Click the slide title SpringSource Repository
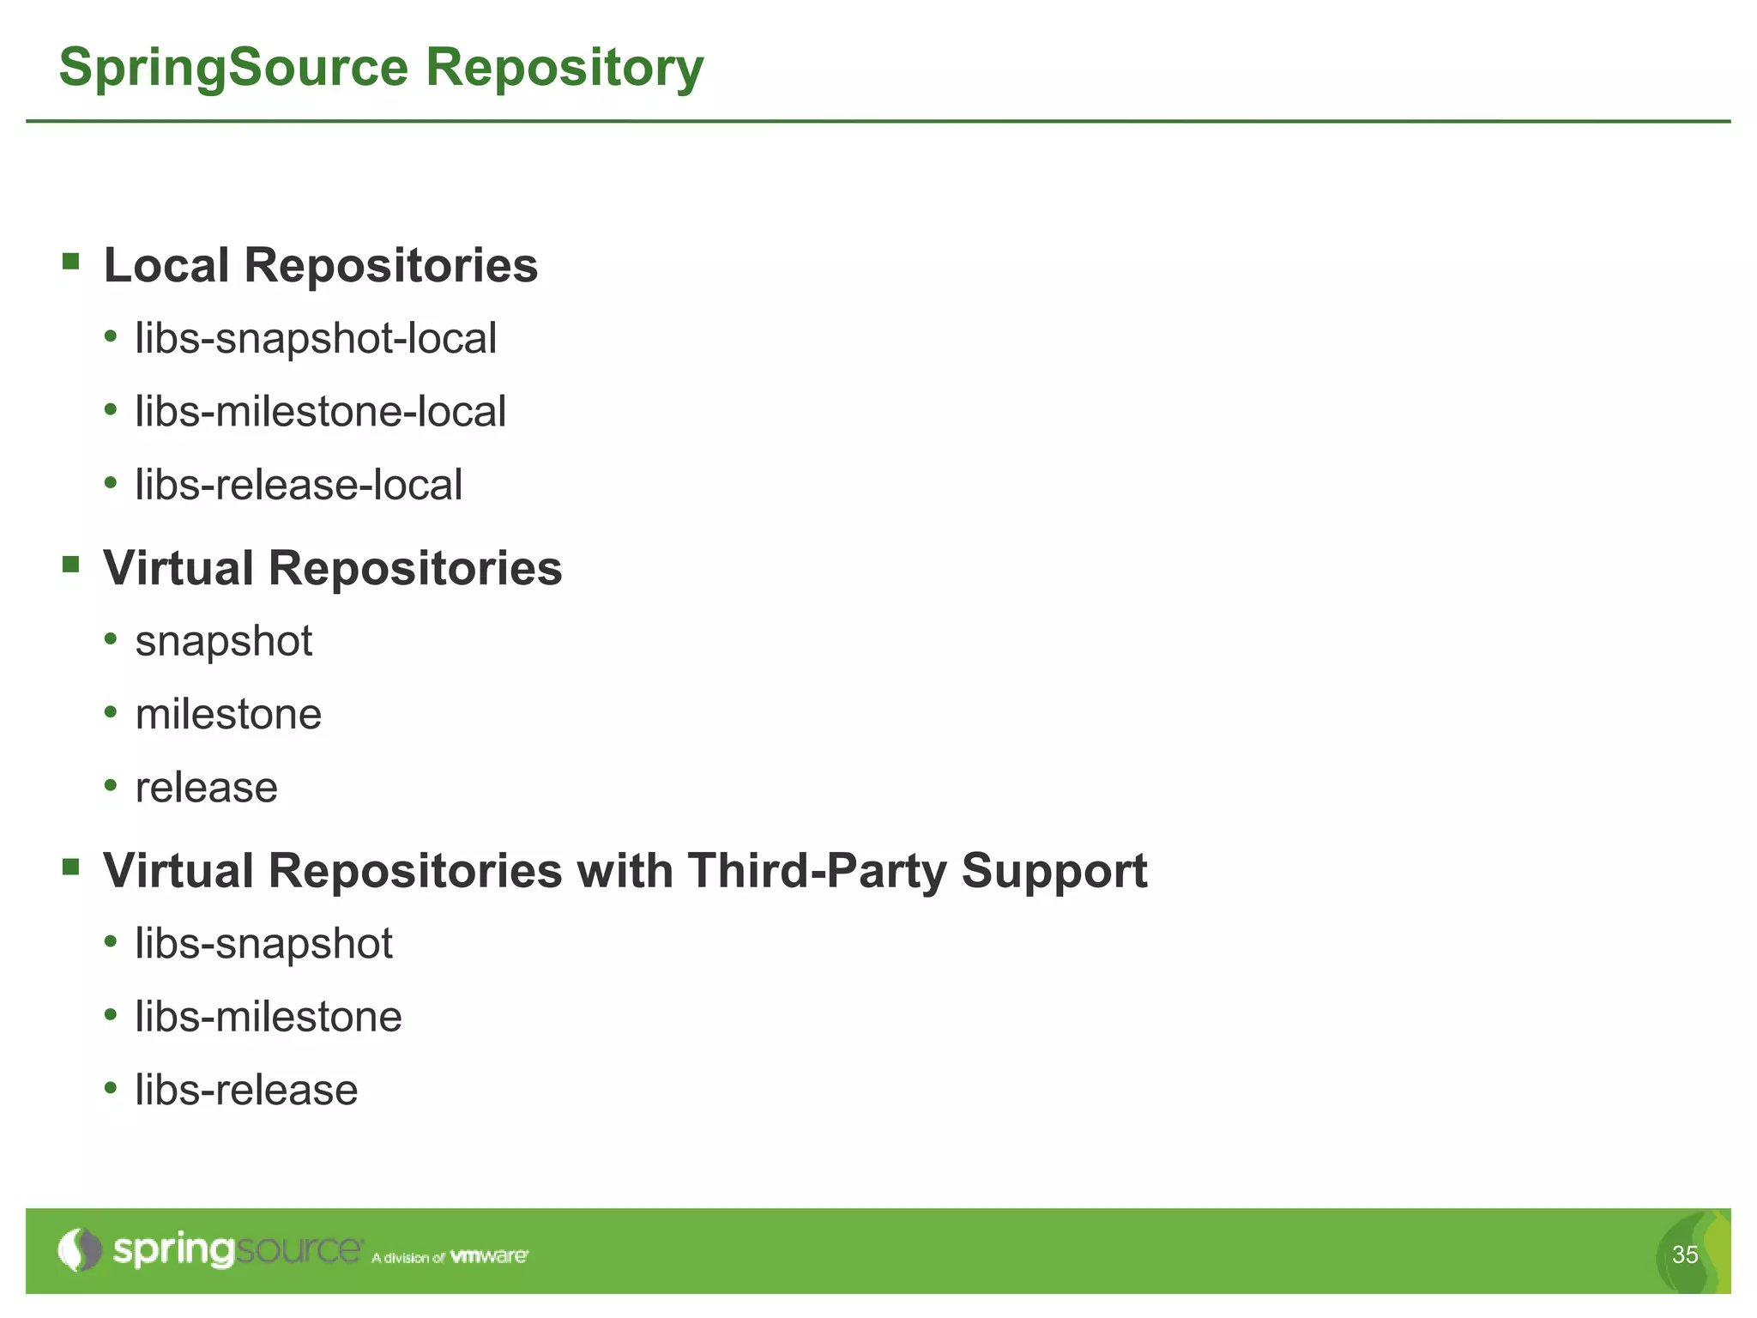coord(381,68)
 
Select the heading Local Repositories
coord(320,265)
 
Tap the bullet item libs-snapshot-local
coord(316,338)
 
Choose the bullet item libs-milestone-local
coord(320,412)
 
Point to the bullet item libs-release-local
coord(299,485)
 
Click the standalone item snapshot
coord(224,642)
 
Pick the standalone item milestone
coord(228,715)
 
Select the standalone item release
coord(207,788)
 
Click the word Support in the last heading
coord(1054,871)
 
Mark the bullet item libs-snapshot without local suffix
coord(263,944)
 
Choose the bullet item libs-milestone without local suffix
coord(269,1017)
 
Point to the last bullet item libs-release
coord(246,1091)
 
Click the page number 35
coord(1685,1255)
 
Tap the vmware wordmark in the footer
coord(489,1256)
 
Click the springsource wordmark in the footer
coord(238,1250)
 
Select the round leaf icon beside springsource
coord(79,1250)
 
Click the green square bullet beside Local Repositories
coord(71,260)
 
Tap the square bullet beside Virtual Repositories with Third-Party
coord(71,867)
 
